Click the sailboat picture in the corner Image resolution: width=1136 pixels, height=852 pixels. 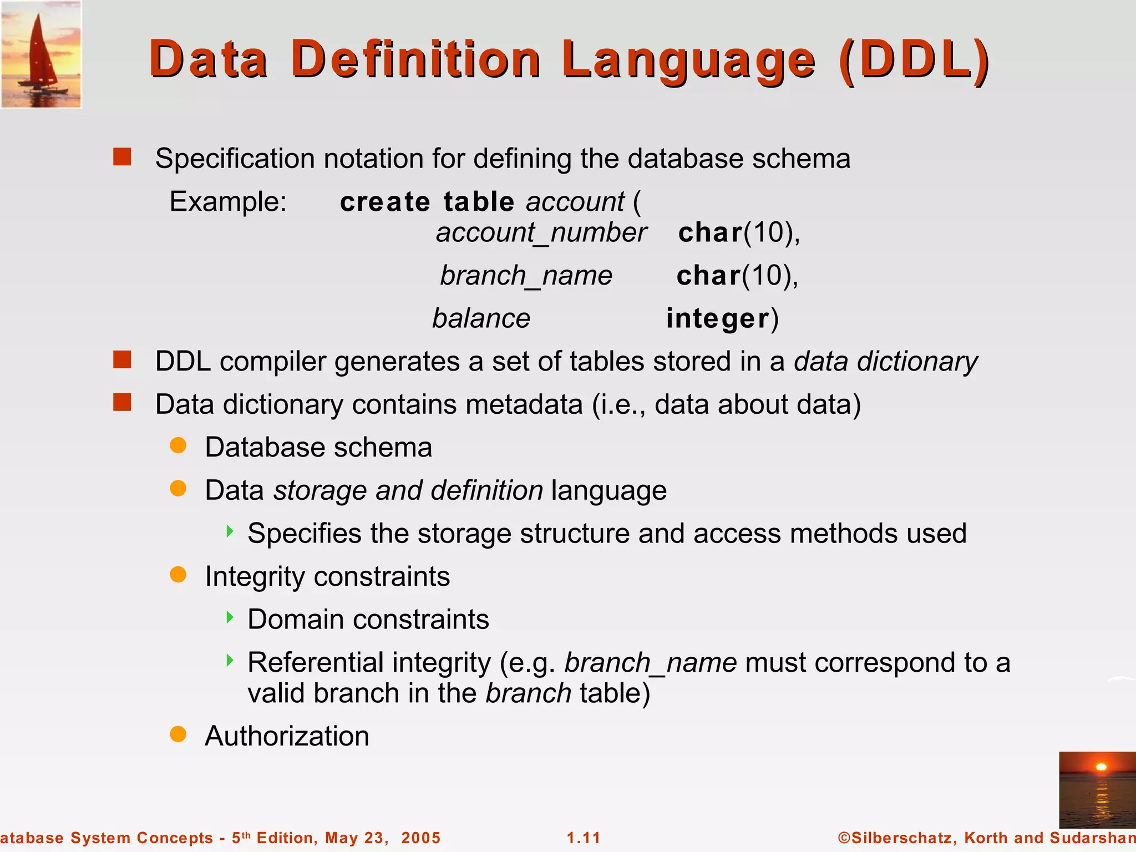(41, 54)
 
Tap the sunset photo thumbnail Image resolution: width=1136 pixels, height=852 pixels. (1097, 790)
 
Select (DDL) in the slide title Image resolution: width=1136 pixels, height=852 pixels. (914, 60)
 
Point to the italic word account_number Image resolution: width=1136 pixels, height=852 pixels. (541, 232)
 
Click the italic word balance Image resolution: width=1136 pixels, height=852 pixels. (481, 319)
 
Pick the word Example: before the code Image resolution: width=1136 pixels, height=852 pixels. (228, 201)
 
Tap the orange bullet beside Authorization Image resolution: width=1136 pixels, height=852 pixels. (178, 734)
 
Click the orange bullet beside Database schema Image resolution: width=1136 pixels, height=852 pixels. (178, 445)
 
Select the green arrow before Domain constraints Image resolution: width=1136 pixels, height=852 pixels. (230, 617)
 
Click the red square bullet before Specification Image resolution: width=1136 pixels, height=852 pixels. (122, 157)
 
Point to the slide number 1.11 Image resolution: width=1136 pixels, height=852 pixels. (584, 838)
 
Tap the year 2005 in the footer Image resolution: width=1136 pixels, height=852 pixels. (420, 838)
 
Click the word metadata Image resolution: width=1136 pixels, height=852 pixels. (524, 404)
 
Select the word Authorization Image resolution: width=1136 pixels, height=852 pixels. (287, 736)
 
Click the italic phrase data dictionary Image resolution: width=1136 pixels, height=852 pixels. (886, 362)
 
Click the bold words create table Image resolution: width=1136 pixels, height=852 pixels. (427, 201)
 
